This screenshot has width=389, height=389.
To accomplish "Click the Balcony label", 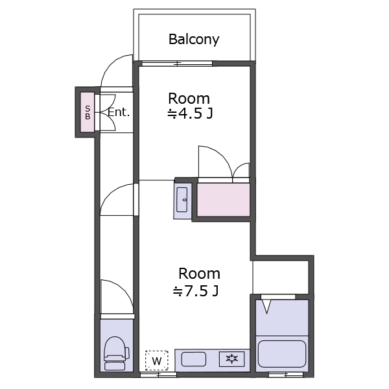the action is [194, 39].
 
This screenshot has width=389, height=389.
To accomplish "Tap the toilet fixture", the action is [116, 353].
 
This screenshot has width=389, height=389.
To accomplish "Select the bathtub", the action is [282, 354].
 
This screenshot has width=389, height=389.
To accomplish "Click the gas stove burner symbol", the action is [232, 359].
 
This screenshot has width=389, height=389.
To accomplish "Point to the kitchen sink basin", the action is [194, 359].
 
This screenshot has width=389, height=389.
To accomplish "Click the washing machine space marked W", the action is [157, 360].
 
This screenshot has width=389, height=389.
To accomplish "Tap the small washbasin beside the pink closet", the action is [182, 200].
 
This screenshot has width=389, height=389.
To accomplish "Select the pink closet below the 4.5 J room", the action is [223, 200].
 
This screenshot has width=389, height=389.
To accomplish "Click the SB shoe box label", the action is [88, 112].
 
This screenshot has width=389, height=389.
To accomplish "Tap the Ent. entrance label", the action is [119, 112].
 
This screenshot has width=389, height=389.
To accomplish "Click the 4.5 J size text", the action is [190, 113].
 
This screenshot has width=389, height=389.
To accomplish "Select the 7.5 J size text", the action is [196, 291].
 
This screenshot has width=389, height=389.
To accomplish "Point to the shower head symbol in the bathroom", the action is [266, 307].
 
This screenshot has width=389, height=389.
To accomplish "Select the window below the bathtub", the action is [286, 374].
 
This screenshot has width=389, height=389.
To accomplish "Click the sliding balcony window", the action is [177, 64].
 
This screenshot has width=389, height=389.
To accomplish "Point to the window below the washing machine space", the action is [158, 374].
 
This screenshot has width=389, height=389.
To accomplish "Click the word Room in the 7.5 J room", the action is [199, 274].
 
